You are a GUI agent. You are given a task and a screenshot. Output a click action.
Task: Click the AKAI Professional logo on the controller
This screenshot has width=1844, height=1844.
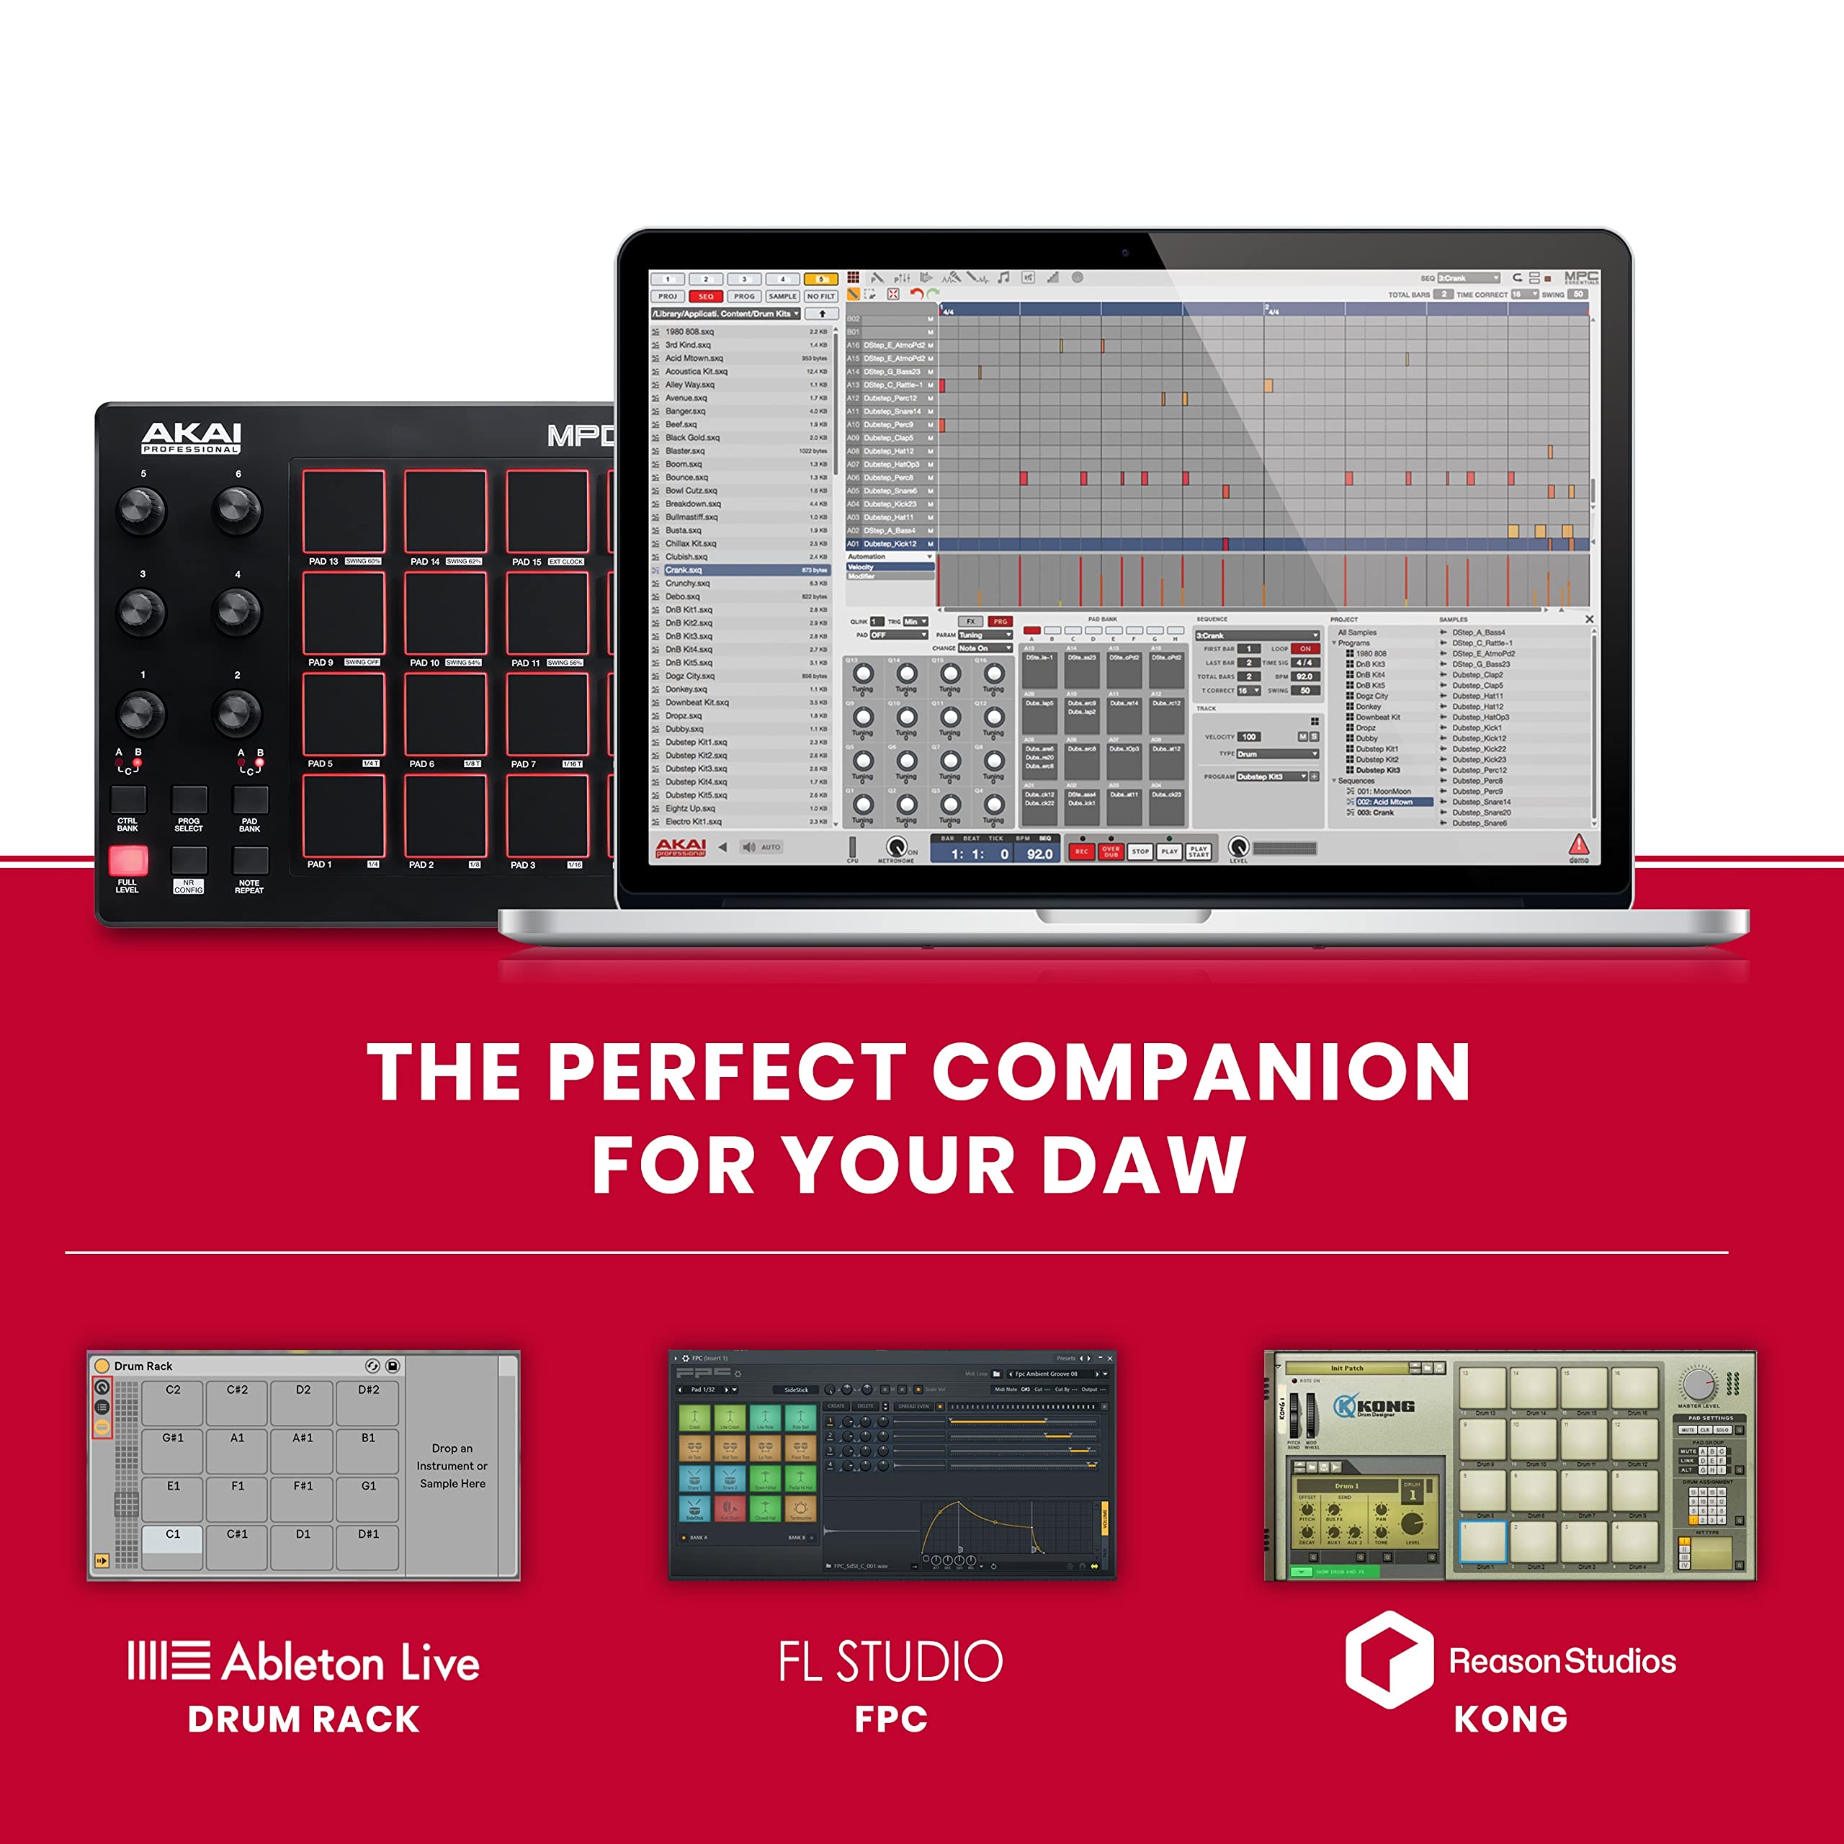pyautogui.click(x=191, y=437)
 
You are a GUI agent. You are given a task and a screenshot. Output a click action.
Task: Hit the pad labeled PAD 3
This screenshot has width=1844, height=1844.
pyautogui.click(x=547, y=815)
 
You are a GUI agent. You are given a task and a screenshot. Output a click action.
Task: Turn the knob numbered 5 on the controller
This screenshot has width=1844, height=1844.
pyautogui.click(x=140, y=510)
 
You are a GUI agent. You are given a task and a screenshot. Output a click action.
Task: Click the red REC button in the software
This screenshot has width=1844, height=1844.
pyautogui.click(x=1080, y=851)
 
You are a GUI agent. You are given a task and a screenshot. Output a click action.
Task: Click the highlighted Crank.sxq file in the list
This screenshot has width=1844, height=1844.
pyautogui.click(x=725, y=570)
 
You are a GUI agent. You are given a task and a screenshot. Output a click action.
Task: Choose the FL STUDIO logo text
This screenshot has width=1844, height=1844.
pyautogui.click(x=890, y=1662)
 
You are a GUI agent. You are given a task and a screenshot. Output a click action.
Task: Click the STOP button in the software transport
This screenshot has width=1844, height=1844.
pyautogui.click(x=1140, y=851)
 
